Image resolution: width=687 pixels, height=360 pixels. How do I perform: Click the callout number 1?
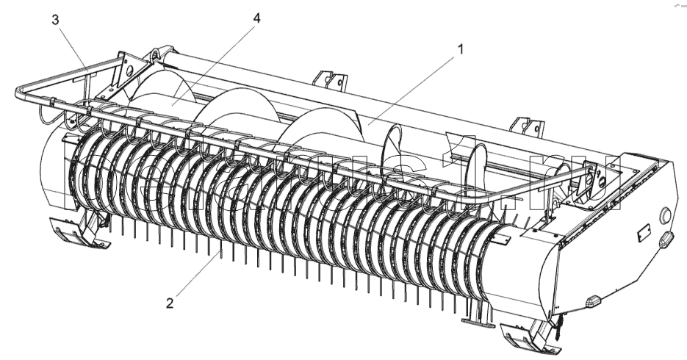tap(461, 49)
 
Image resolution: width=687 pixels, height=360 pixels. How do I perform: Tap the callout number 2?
tap(170, 302)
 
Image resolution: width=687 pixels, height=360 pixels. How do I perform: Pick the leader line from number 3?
tap(72, 46)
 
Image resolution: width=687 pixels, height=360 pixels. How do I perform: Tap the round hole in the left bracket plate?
tap(130, 71)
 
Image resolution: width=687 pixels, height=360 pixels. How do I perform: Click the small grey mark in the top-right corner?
tap(677, 4)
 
